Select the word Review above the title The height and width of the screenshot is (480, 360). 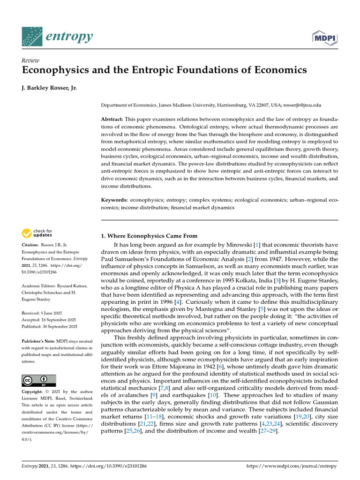point(30,60)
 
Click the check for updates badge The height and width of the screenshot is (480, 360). point(37,233)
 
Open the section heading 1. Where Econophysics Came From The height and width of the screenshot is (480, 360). point(150,236)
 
